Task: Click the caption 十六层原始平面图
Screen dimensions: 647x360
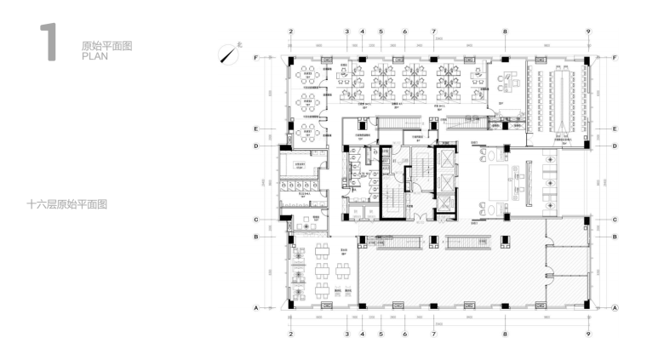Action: point(66,204)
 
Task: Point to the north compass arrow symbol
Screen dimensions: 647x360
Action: point(227,54)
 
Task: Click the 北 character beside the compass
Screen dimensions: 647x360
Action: point(240,44)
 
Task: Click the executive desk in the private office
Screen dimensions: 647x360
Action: point(512,83)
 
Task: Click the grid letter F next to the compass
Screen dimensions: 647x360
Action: point(256,57)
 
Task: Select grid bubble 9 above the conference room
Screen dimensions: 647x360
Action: point(588,31)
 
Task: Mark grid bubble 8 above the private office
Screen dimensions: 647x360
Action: point(505,31)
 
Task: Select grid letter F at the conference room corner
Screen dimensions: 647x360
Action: point(615,57)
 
